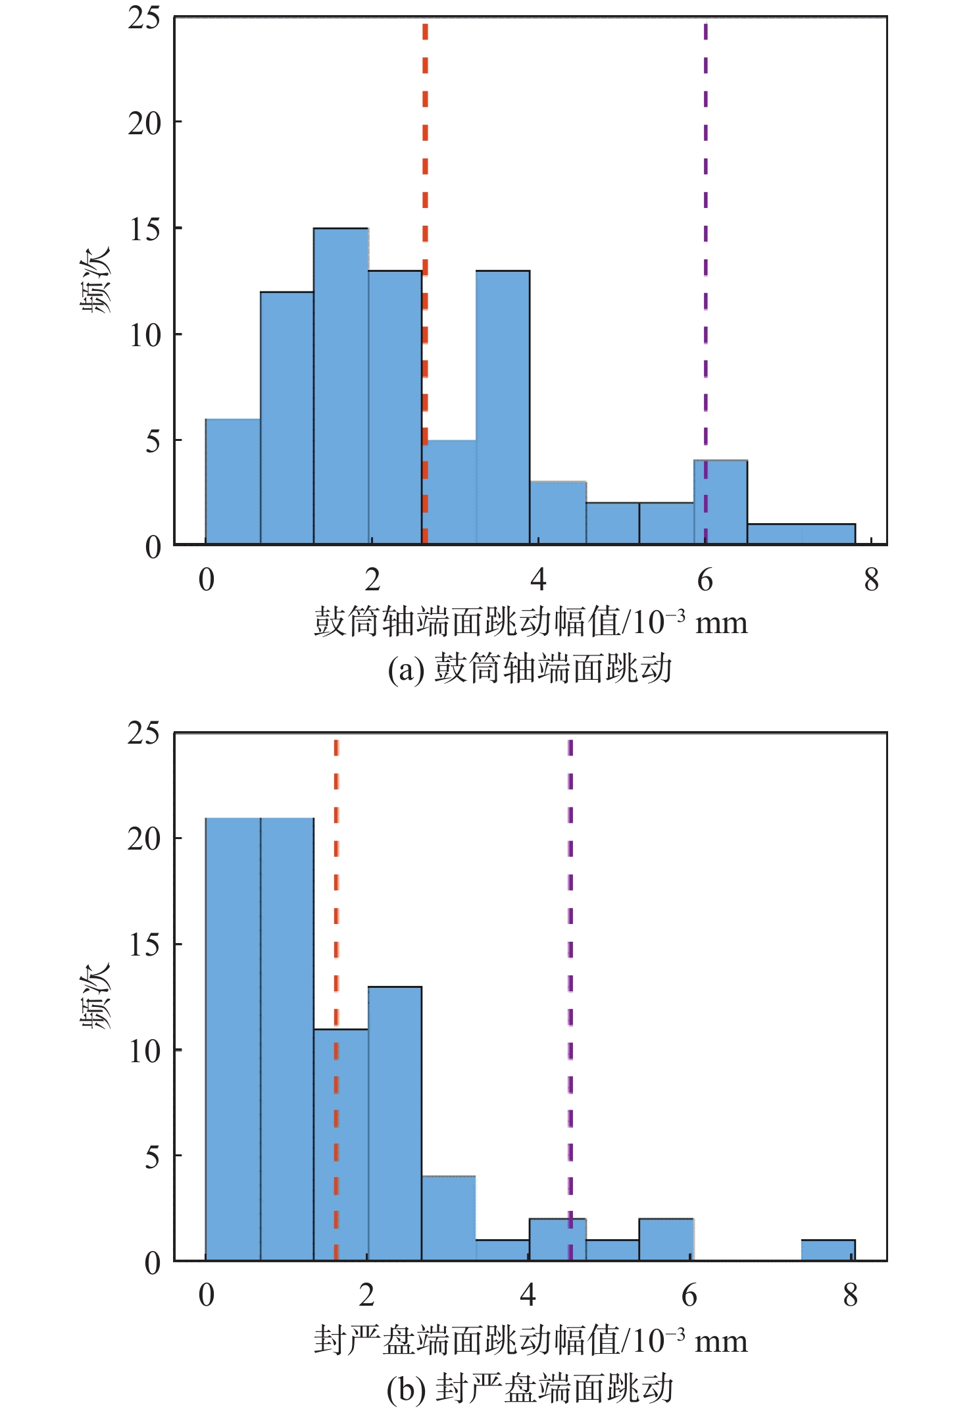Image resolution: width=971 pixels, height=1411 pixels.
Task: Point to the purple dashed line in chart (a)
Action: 705,197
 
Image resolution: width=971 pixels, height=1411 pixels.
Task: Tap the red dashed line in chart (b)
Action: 336,888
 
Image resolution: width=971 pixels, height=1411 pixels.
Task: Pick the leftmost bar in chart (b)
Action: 233,1040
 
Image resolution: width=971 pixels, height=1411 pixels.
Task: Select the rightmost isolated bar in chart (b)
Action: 828,1250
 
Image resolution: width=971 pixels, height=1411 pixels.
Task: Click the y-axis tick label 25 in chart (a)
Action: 144,18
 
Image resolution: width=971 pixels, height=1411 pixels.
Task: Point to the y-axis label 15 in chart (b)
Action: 144,945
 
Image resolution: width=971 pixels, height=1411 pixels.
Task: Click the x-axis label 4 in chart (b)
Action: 528,1295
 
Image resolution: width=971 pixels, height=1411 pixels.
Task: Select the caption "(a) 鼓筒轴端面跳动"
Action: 530,669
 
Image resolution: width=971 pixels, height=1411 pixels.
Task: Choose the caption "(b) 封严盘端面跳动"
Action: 530,1388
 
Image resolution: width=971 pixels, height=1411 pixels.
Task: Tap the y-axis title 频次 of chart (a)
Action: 96,280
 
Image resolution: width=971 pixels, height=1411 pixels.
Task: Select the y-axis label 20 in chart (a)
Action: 144,123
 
